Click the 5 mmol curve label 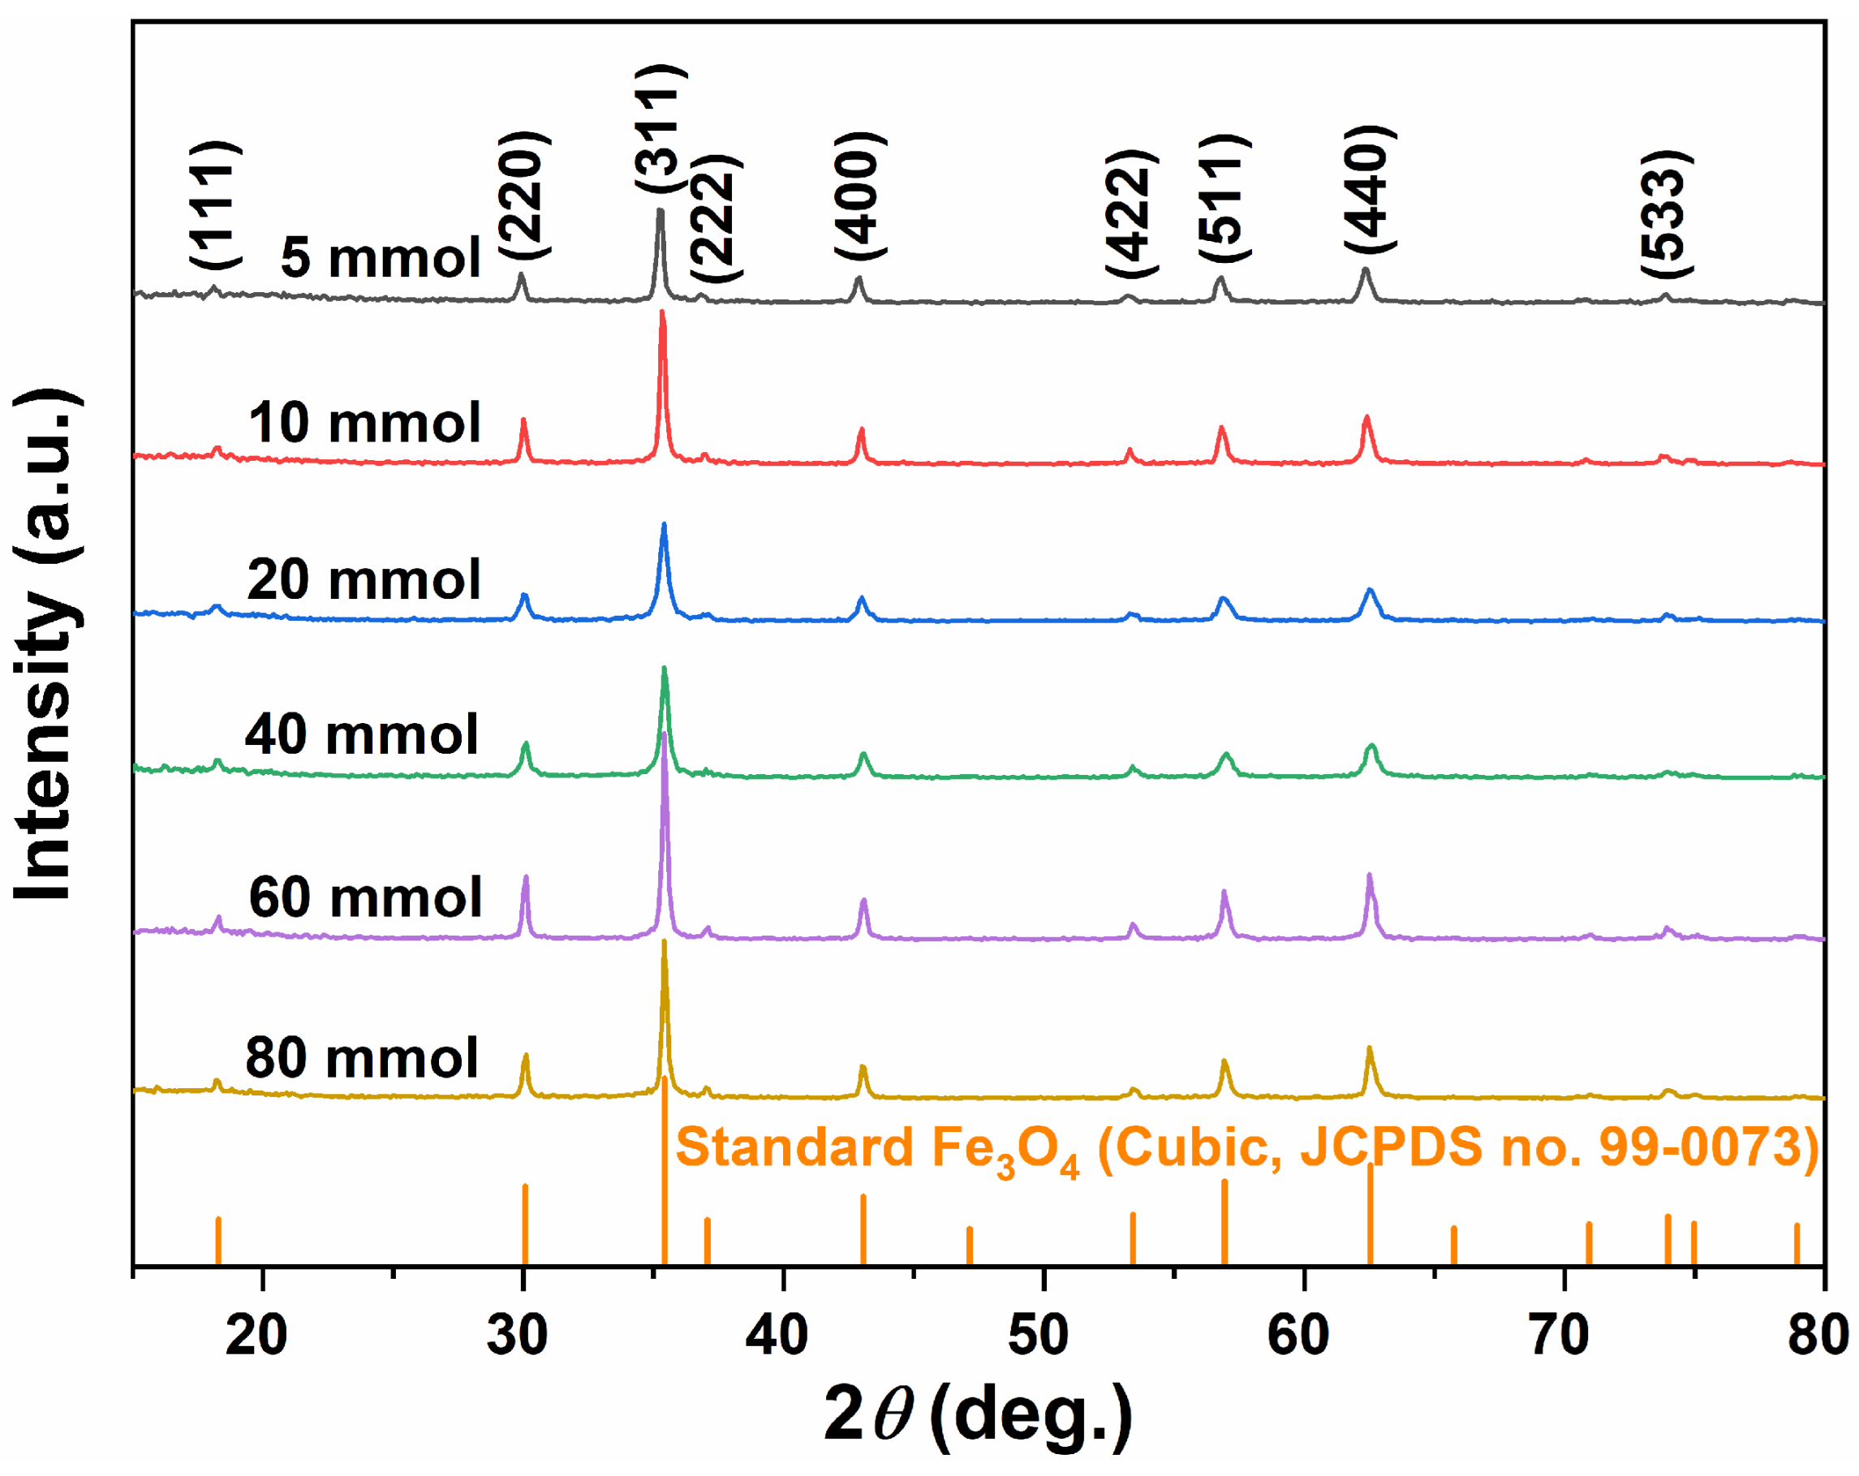click(x=381, y=257)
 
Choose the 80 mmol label click(x=362, y=1058)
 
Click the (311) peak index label click(x=661, y=129)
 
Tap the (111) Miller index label click(x=215, y=205)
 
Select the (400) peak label click(x=859, y=196)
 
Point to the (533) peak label click(x=1666, y=214)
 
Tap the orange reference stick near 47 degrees click(x=969, y=1245)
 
